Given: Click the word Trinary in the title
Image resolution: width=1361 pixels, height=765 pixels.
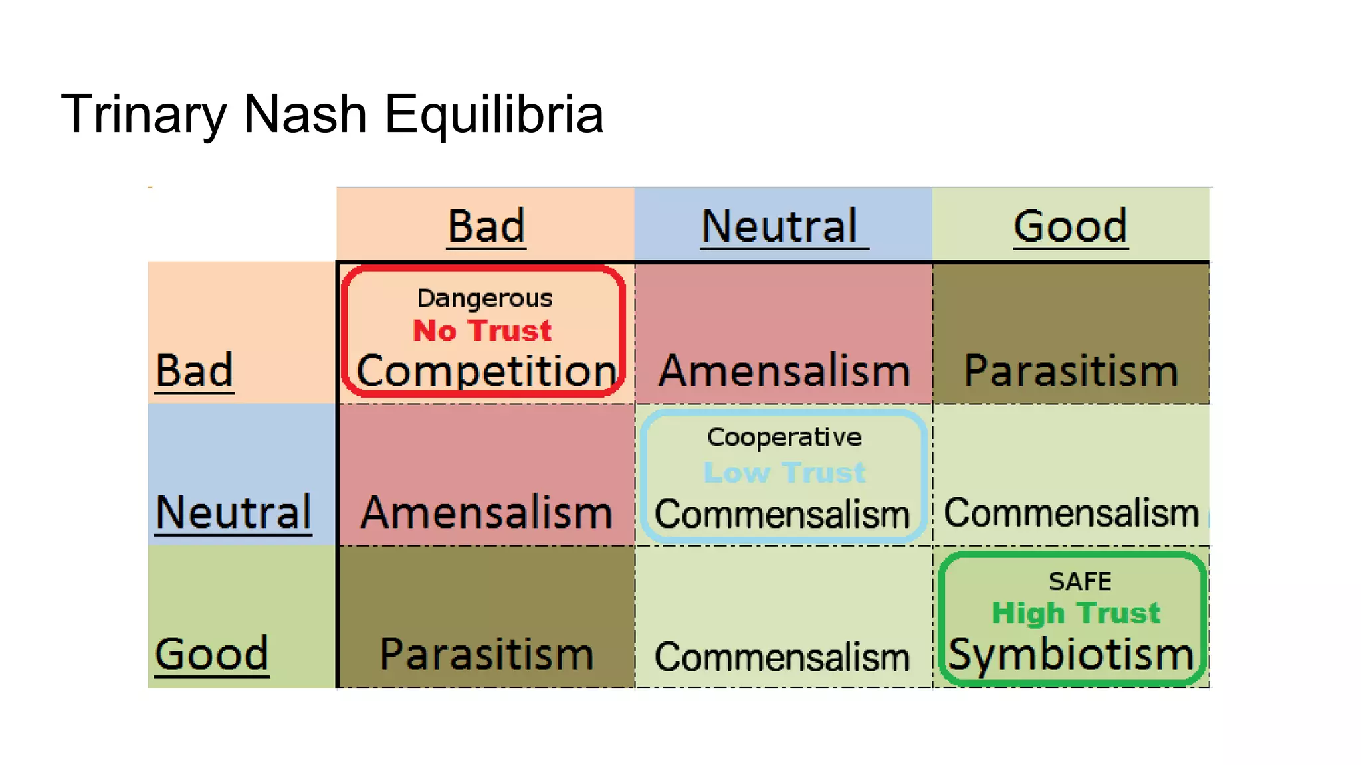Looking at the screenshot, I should click(144, 114).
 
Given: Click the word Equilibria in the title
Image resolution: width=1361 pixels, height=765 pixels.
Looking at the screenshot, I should click(494, 114).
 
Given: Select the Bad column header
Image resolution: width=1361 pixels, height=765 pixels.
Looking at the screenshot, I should click(486, 226).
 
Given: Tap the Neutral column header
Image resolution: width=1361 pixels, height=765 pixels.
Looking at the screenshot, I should click(780, 226).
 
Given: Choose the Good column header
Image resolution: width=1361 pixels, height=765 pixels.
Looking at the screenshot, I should click(1070, 226).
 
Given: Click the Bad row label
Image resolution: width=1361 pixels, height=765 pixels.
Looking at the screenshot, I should click(194, 371).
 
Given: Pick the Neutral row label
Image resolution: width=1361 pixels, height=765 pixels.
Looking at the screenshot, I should click(233, 512).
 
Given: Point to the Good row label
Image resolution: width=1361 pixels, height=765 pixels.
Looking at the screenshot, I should click(211, 654).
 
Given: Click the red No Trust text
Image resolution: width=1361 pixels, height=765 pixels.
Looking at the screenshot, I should click(482, 331).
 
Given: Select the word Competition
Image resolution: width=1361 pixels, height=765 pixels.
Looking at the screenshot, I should click(486, 371).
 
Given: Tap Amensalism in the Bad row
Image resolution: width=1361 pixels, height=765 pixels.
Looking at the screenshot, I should click(784, 371).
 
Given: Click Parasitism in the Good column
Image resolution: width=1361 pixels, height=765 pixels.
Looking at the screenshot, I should click(1071, 371).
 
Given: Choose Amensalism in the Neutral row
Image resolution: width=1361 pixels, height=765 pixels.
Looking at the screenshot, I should click(486, 512).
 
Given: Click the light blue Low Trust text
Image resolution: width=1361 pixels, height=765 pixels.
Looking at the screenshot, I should click(784, 473).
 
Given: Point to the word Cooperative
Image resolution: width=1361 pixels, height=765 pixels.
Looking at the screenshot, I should click(784, 437).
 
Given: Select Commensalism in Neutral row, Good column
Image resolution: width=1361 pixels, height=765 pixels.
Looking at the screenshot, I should click(1071, 513).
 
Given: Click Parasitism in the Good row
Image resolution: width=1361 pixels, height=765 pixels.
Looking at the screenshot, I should click(486, 654).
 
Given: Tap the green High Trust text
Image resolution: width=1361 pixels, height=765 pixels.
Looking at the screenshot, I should click(1075, 612).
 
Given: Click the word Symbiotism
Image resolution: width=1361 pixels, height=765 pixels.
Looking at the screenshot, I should click(1071, 654).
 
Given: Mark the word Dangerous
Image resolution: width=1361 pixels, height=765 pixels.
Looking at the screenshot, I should click(484, 298).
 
